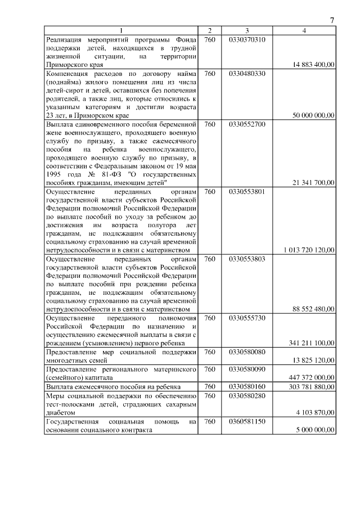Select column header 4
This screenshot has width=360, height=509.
304,31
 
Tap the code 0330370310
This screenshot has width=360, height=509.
247,39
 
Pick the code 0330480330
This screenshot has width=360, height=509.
247,73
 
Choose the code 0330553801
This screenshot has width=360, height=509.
247,191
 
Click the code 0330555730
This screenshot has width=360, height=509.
247,317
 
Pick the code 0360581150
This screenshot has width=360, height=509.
247,421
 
